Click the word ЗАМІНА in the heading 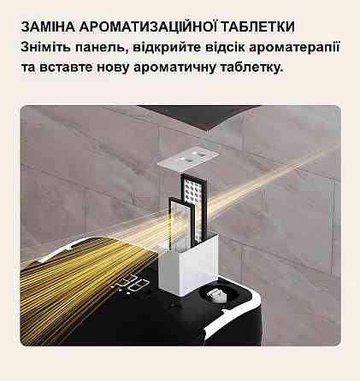pyautogui.click(x=48, y=26)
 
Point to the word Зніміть pyautogui.click(x=45, y=47)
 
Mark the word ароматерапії pyautogui.click(x=294, y=48)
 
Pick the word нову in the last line pyautogui.click(x=113, y=68)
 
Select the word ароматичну pyautogui.click(x=174, y=68)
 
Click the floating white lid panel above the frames pyautogui.click(x=188, y=157)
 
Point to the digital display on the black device pyautogui.click(x=132, y=284)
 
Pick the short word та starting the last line pyautogui.click(x=28, y=68)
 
